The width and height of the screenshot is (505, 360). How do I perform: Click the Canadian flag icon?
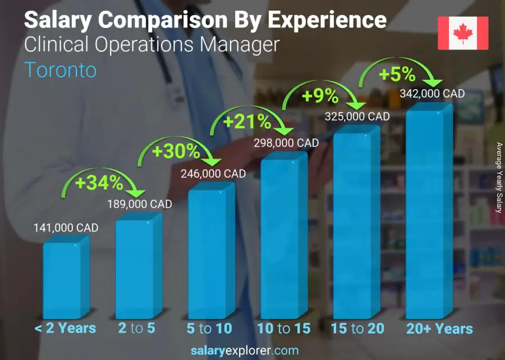click(x=463, y=34)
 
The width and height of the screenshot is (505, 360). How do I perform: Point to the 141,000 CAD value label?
click(x=66, y=227)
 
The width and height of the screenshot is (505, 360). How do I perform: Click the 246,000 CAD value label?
click(x=213, y=174)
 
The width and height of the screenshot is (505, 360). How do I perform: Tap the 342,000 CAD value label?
click(x=433, y=94)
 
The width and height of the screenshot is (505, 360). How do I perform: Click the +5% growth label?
click(x=397, y=74)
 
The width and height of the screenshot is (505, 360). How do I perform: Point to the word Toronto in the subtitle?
click(x=61, y=70)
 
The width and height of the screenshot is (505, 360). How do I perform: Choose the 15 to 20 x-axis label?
click(x=357, y=329)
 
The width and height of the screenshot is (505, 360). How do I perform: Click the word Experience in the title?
click(x=327, y=20)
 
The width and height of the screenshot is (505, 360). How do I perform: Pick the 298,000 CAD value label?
click(x=286, y=143)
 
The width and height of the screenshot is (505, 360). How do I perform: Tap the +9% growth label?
click(x=320, y=97)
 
